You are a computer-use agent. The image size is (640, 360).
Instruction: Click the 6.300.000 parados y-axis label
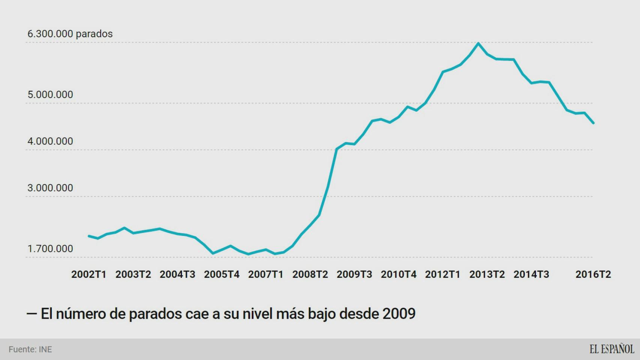(x=70, y=34)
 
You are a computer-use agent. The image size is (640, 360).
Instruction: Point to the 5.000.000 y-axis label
(x=50, y=94)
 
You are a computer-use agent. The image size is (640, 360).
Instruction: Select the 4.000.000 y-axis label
(x=50, y=141)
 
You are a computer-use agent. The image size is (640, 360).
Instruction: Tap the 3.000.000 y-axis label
(x=50, y=188)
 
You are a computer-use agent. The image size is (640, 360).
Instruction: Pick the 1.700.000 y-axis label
(x=50, y=249)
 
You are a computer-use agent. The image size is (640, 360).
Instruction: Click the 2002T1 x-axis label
(x=89, y=274)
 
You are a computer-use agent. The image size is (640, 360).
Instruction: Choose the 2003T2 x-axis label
(x=133, y=274)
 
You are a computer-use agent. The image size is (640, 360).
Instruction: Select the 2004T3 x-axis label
(x=177, y=274)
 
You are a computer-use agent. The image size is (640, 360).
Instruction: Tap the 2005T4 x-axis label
(x=222, y=274)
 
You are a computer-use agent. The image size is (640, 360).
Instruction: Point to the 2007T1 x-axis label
(x=266, y=274)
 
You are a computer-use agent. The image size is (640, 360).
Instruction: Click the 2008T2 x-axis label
(x=310, y=274)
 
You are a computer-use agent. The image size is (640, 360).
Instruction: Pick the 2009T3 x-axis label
(x=354, y=274)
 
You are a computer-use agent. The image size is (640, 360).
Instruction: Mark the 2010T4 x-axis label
(x=398, y=274)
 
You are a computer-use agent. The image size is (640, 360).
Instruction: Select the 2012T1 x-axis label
(x=443, y=274)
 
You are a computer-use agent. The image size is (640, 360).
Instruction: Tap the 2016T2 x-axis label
(x=593, y=274)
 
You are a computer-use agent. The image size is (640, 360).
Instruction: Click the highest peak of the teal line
(x=478, y=43)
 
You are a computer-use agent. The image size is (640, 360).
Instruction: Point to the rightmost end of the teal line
(x=593, y=123)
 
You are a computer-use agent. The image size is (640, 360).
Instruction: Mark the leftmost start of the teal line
(x=89, y=236)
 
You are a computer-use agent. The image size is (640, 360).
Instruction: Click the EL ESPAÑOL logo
(x=611, y=349)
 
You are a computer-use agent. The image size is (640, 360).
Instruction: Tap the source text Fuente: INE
(x=30, y=349)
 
